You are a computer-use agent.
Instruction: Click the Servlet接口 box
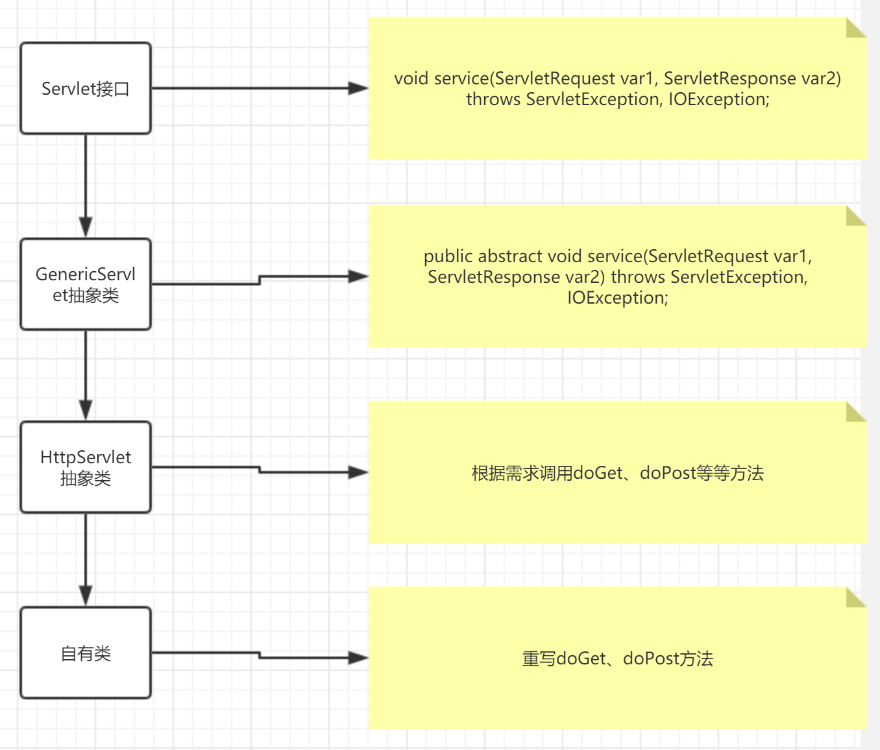tap(86, 88)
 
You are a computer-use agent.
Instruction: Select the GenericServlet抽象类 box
tap(86, 284)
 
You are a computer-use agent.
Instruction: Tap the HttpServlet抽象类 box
tap(86, 467)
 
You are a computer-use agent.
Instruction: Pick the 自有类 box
tap(86, 653)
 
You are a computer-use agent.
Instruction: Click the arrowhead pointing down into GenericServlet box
tap(86, 227)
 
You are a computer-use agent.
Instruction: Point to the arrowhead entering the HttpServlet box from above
tap(86, 410)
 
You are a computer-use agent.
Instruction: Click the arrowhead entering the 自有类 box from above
tap(86, 596)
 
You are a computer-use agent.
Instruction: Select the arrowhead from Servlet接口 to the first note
tap(358, 88)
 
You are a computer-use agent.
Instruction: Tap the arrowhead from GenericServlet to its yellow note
tap(358, 276)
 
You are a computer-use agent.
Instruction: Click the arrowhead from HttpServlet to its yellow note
tap(358, 472)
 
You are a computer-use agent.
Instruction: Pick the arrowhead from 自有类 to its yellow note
tap(358, 658)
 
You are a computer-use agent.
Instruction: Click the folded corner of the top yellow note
tap(856, 28)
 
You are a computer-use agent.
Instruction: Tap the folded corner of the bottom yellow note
tap(856, 598)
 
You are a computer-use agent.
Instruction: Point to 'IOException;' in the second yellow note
tap(617, 298)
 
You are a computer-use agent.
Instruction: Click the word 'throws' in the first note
tap(493, 99)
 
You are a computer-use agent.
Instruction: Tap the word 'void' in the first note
tap(411, 79)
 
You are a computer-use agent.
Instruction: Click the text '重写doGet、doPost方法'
tap(617, 659)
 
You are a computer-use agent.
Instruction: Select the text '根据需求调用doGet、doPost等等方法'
tap(617, 473)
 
